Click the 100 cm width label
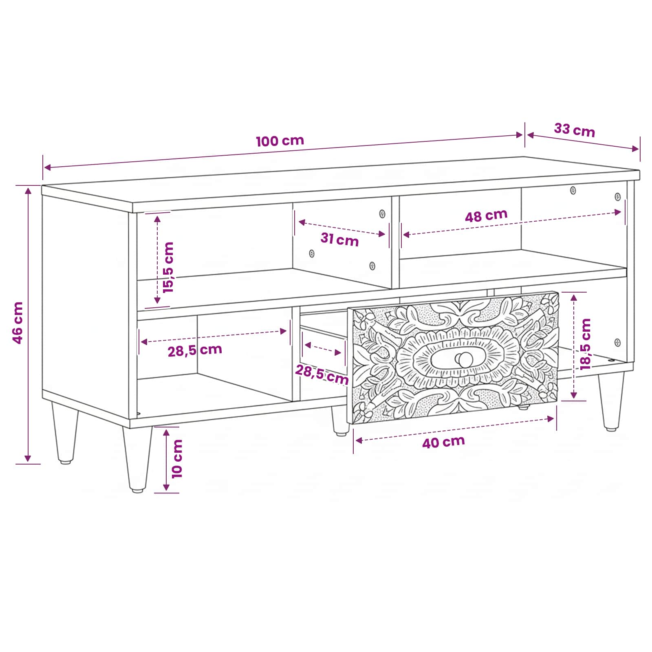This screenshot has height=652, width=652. [x=280, y=141]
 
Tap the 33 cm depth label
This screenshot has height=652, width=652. [x=575, y=130]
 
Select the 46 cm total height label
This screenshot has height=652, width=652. [x=18, y=323]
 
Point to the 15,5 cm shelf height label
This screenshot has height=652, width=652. [x=168, y=267]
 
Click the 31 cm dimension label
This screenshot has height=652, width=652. [x=339, y=240]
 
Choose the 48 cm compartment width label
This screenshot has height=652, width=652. [x=486, y=216]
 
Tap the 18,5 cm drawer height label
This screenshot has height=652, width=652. [x=585, y=344]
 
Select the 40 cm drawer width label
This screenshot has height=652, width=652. [x=443, y=442]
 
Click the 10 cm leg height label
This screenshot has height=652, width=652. [x=177, y=459]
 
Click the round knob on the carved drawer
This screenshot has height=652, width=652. [x=464, y=359]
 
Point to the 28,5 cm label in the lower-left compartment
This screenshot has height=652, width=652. [x=195, y=350]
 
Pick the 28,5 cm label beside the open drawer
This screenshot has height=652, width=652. [x=322, y=374]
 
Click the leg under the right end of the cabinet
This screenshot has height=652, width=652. [x=610, y=402]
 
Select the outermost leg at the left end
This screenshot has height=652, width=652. [x=65, y=433]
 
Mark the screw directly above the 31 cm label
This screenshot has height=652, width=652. [x=382, y=214]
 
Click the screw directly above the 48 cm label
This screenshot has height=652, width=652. [x=573, y=190]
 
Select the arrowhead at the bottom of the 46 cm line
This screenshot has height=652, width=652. [x=28, y=458]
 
